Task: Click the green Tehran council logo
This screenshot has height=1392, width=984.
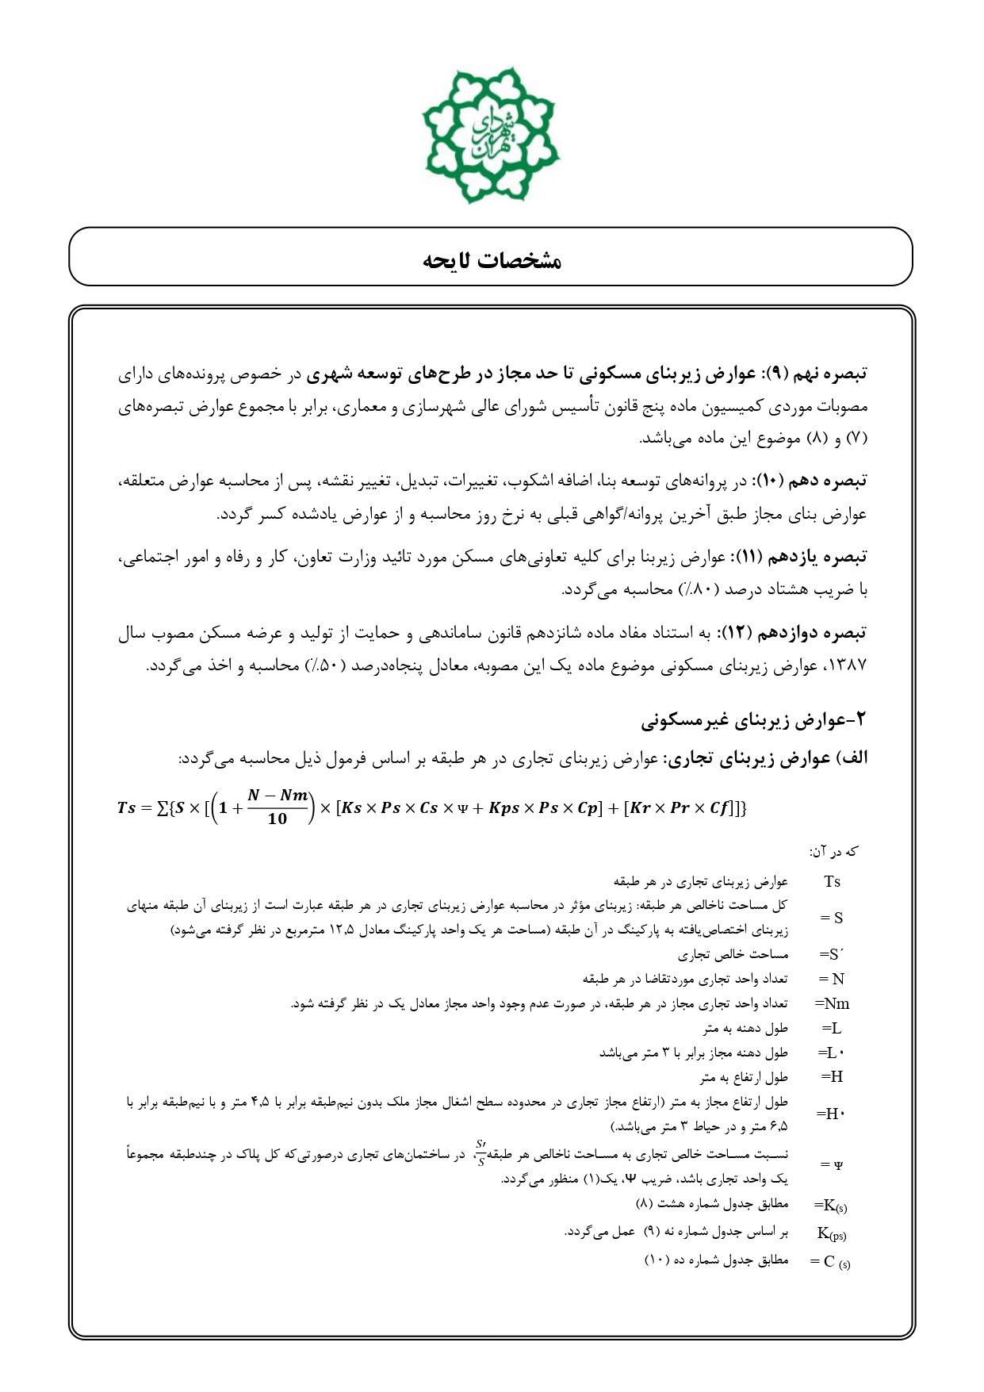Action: coord(492,135)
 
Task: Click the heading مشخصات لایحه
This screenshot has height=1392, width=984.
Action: coord(492,260)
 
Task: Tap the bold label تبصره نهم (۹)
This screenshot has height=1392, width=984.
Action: coord(825,373)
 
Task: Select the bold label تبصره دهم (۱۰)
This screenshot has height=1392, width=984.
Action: coord(826,481)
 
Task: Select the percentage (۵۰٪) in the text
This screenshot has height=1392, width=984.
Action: coord(325,665)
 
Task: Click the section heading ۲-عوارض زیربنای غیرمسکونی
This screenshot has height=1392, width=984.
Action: coord(754,721)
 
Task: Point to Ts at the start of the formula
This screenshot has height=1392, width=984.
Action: coord(127,808)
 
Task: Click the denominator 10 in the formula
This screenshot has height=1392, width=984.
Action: coord(277,819)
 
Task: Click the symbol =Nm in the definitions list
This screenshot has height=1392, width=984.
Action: coord(832,1004)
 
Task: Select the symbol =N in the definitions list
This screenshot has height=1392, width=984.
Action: coord(832,980)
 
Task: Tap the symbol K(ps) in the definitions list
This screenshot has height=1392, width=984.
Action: coord(832,1233)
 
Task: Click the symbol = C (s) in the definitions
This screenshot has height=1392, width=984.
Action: coord(830,1261)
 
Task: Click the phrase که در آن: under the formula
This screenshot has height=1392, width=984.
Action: coord(833,852)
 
